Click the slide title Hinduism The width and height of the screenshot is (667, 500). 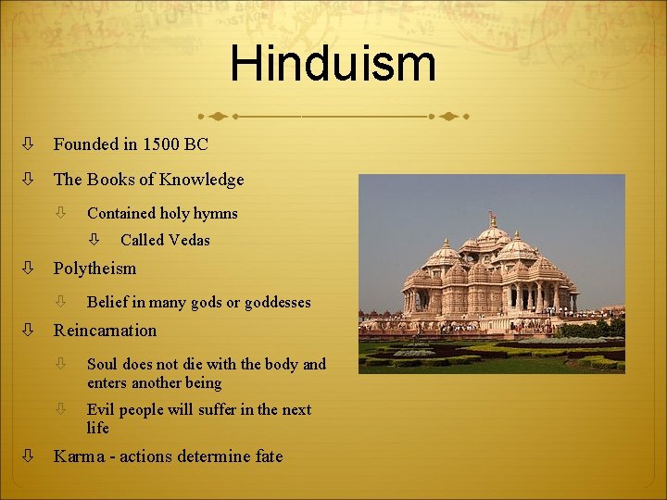pyautogui.click(x=333, y=64)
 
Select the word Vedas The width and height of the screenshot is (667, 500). pyautogui.click(x=190, y=240)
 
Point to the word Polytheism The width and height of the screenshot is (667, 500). pyautogui.click(x=94, y=269)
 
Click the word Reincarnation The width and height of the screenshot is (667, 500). pyautogui.click(x=105, y=331)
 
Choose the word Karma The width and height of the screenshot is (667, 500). pyautogui.click(x=78, y=456)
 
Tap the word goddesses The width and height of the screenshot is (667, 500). pyautogui.click(x=277, y=302)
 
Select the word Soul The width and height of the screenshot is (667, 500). pyautogui.click(x=102, y=364)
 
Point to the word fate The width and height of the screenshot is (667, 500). pyautogui.click(x=267, y=456)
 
